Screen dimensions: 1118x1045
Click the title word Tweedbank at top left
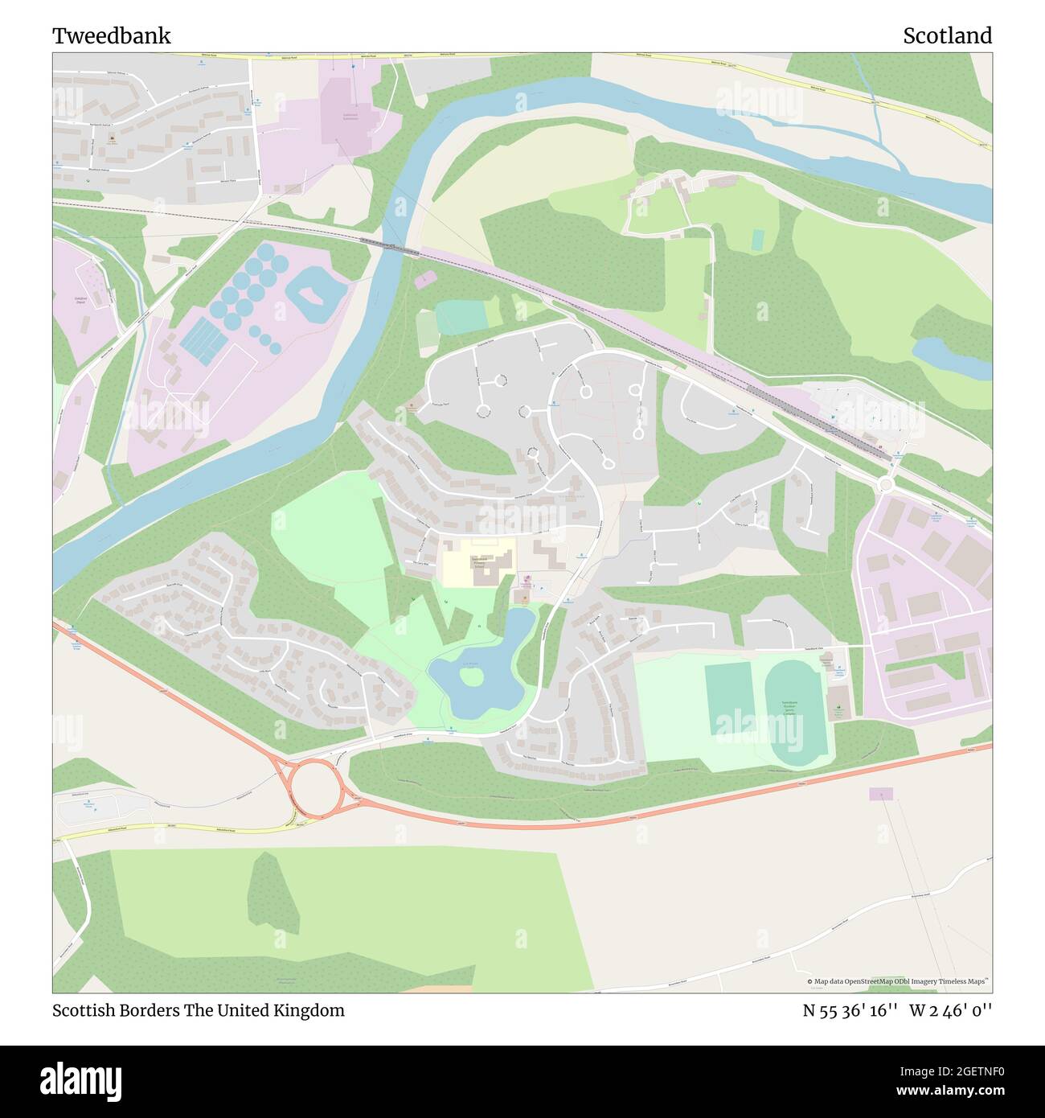[112, 36]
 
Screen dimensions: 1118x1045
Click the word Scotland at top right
[947, 36]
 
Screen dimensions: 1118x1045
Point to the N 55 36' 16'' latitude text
[850, 1010]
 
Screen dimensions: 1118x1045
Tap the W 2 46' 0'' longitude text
[951, 1010]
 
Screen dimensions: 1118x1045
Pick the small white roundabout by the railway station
[887, 484]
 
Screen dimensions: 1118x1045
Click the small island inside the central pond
[472, 678]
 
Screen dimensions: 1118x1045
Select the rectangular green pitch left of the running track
[728, 699]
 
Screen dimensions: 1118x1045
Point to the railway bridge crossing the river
[390, 245]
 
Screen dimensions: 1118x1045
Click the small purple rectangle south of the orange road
[880, 794]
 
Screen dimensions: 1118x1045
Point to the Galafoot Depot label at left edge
[75, 300]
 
